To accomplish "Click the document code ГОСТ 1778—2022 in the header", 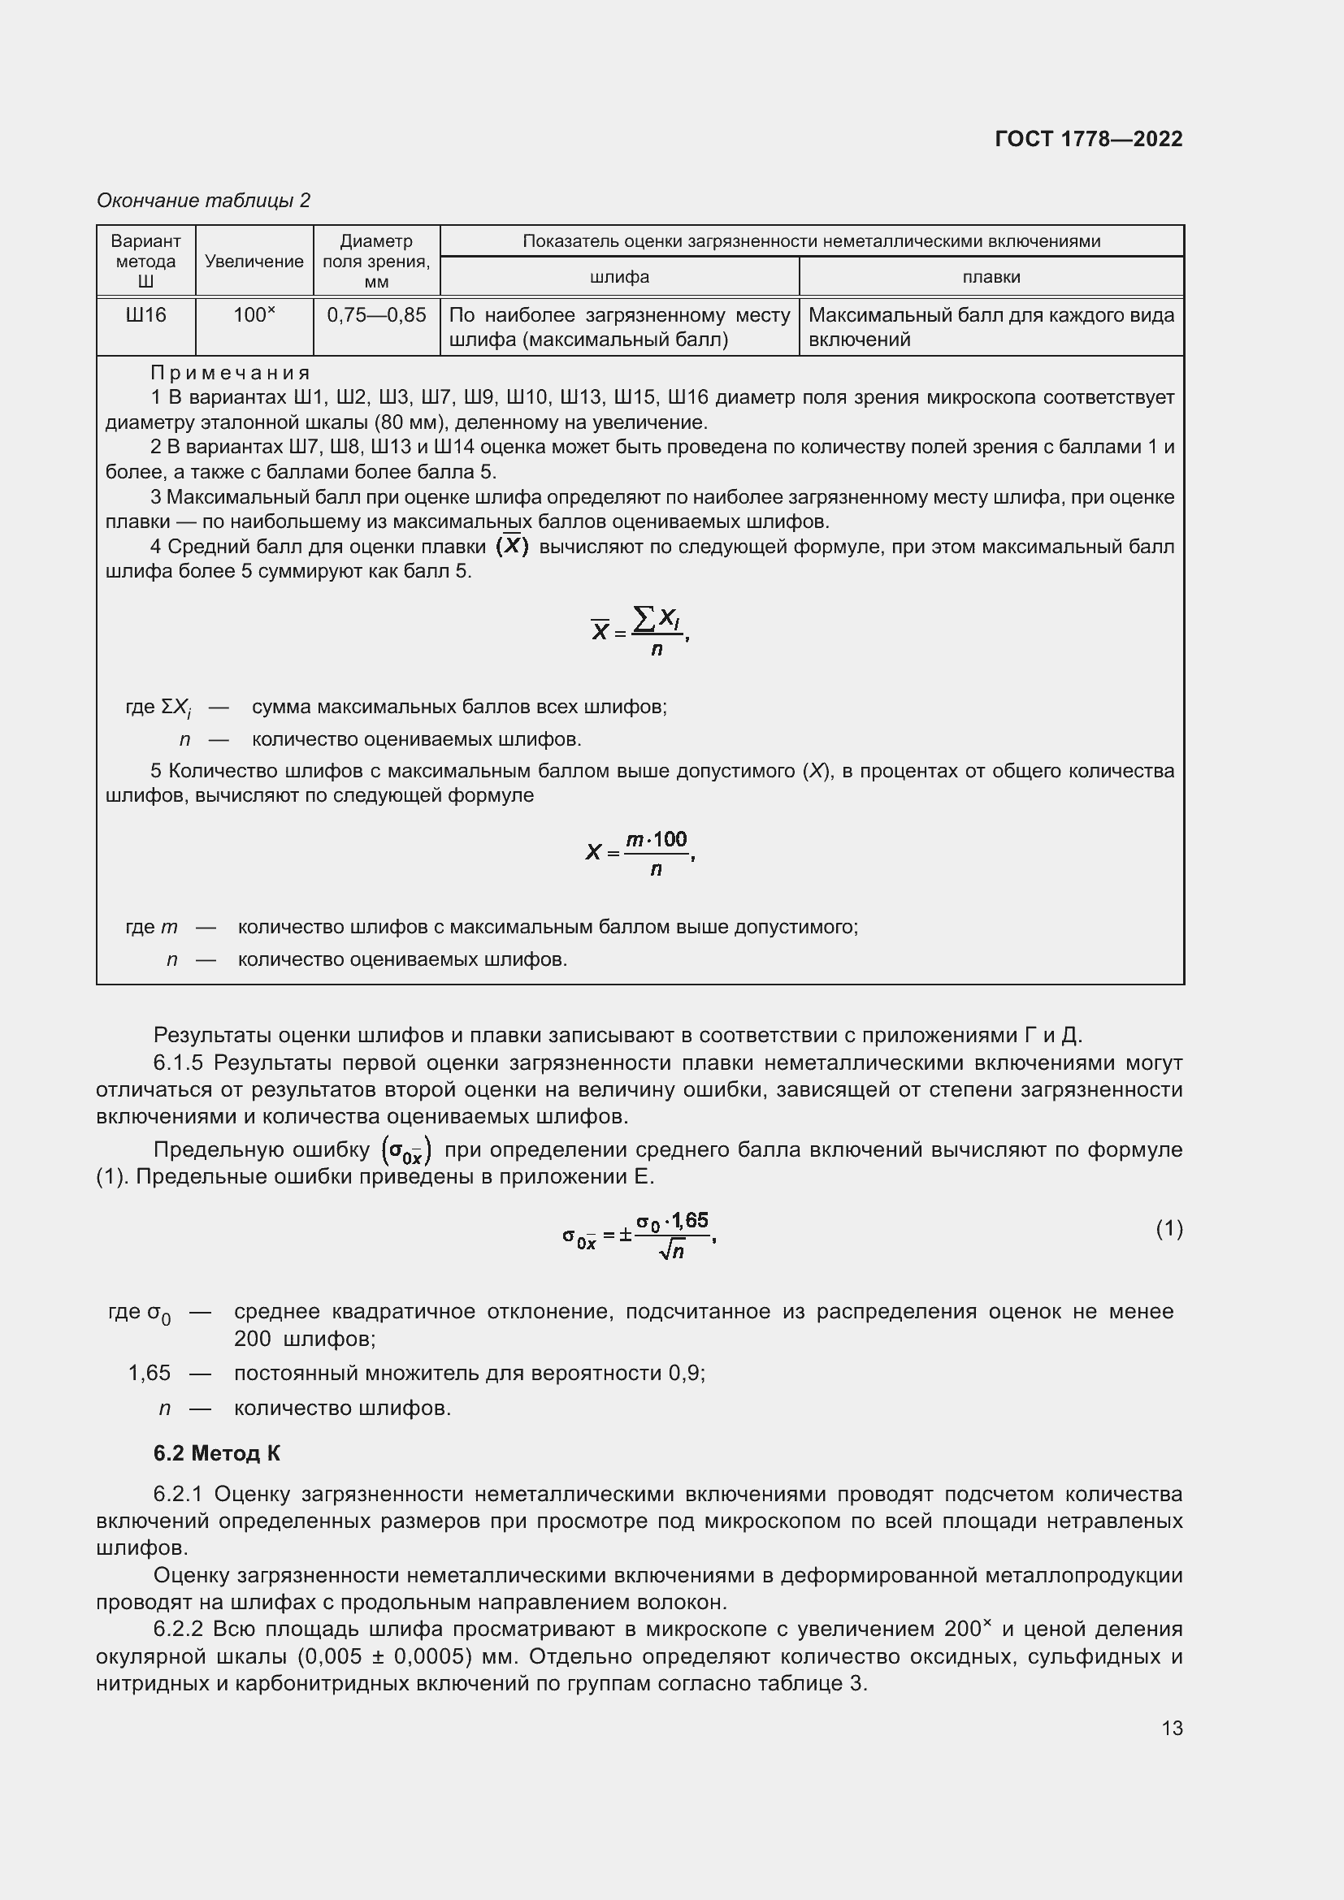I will (x=1088, y=139).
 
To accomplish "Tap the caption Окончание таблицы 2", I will (x=204, y=201).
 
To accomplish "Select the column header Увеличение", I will (x=254, y=262).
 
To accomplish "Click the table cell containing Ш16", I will (x=145, y=315).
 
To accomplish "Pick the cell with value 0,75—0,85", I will (x=376, y=315).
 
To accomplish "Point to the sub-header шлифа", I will (x=619, y=277).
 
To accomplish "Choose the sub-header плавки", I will (x=991, y=277).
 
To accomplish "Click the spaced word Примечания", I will (x=231, y=372).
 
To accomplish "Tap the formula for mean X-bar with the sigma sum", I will (x=639, y=631).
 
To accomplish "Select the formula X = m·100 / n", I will (x=639, y=852).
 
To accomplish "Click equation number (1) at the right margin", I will (x=1168, y=1229).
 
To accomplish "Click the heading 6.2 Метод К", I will (x=217, y=1453).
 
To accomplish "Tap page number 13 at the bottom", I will (x=1172, y=1728).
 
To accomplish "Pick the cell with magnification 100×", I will (x=254, y=315).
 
